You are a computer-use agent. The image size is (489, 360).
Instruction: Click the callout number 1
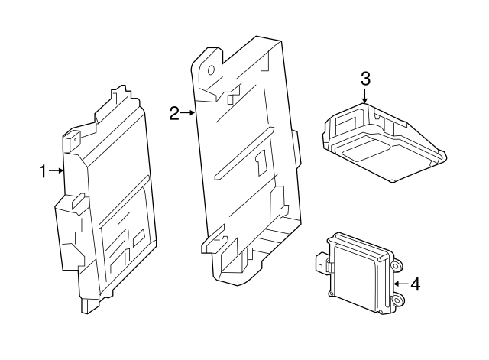pos(44,171)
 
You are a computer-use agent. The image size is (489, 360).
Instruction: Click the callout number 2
pos(173,114)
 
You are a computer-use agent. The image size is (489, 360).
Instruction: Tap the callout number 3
pos(365,78)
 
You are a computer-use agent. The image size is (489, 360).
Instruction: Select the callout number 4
pos(415,284)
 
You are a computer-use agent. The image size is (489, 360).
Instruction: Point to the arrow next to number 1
pos(57,171)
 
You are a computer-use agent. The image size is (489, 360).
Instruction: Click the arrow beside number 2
pos(188,114)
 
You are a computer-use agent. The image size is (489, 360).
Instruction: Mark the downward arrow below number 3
pos(365,96)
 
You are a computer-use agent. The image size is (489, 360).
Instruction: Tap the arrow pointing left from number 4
pos(399,284)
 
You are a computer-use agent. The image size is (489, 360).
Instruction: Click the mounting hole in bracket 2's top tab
pos(208,69)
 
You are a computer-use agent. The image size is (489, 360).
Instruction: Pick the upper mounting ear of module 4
pos(397,264)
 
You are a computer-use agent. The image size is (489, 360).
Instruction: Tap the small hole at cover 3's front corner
pos(391,180)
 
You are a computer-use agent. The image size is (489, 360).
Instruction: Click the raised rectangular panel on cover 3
pos(367,148)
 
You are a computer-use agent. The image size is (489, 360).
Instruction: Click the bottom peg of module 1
pos(89,306)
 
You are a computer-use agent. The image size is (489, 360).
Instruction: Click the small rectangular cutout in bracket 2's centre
pos(261,161)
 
